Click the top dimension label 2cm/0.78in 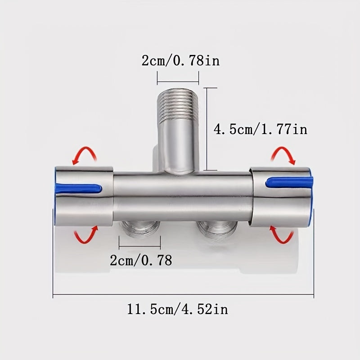[180, 60]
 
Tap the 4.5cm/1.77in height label [260, 130]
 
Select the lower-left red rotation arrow [85, 235]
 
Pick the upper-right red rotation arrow [283, 156]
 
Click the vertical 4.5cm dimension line [206, 129]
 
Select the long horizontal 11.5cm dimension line [183, 296]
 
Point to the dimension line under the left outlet [139, 247]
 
